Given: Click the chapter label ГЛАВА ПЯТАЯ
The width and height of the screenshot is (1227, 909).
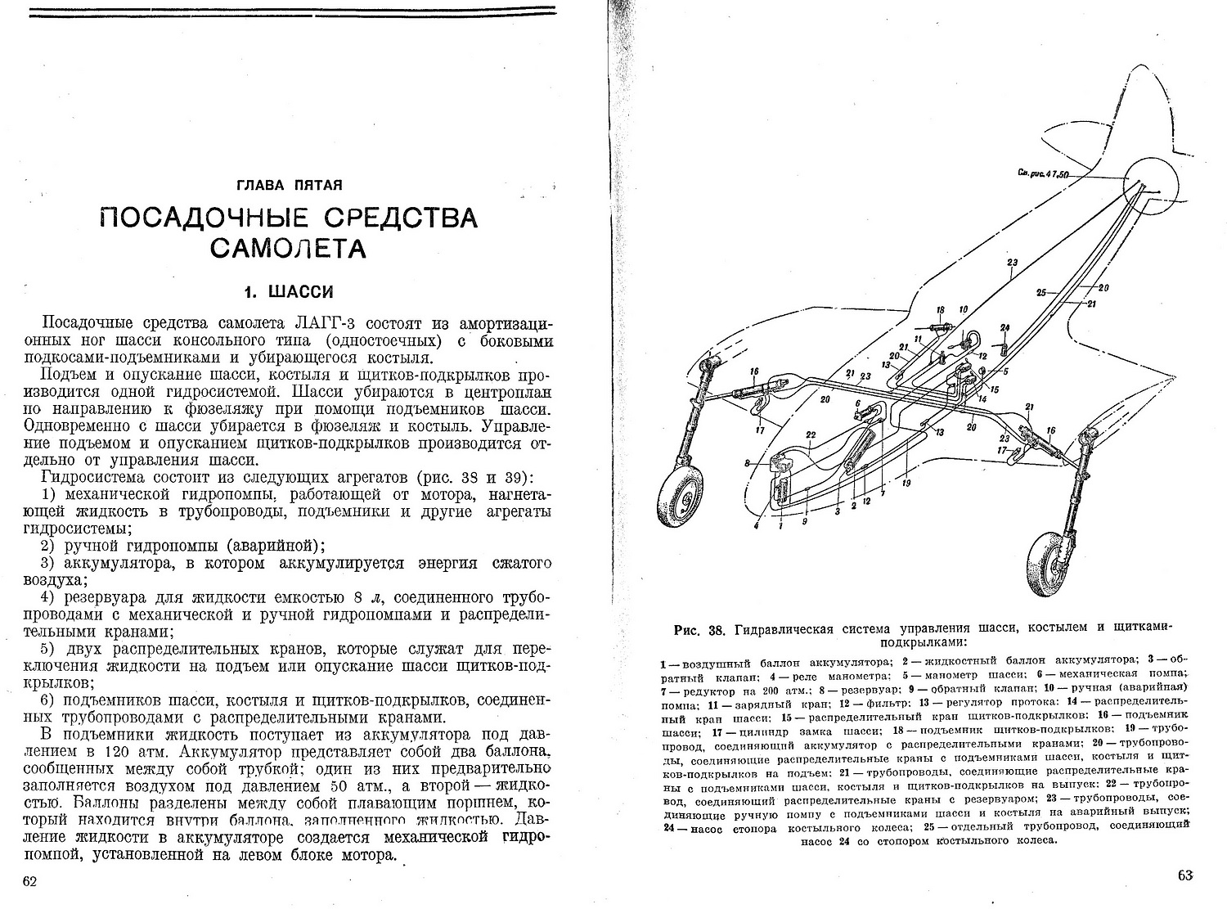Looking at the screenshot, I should [x=288, y=185].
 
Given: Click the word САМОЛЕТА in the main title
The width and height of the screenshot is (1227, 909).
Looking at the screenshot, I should [x=288, y=247].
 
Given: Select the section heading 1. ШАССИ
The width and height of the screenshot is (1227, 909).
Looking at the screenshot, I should [x=289, y=291].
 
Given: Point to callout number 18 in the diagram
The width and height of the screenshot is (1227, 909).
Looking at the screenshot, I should [x=941, y=310].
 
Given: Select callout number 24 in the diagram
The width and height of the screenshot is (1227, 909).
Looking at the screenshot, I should [x=1005, y=327].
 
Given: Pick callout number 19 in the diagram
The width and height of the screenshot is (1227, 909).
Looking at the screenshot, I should [x=906, y=483].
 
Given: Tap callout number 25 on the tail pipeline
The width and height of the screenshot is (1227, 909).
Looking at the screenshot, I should [x=1041, y=292].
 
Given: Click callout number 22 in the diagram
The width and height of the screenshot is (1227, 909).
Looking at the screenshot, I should [x=811, y=434].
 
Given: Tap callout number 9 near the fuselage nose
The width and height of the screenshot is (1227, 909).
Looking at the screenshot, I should [x=805, y=521].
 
